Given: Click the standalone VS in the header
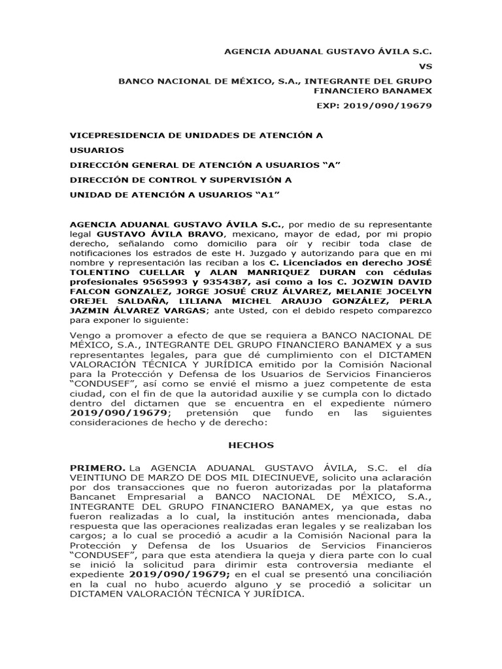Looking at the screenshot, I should click(x=425, y=66).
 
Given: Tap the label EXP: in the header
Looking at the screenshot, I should click(x=330, y=106).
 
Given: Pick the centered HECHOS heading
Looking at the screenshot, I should click(x=251, y=445).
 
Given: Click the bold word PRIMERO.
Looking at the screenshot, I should click(x=97, y=468).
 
